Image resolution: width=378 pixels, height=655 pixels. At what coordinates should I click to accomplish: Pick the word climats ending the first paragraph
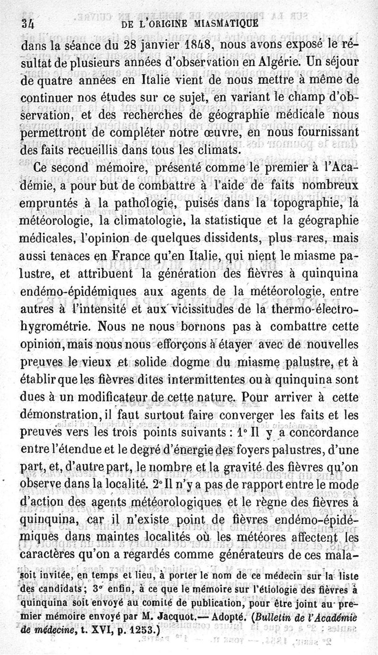[x=208, y=150]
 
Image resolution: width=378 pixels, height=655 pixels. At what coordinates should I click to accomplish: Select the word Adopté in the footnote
[x=227, y=619]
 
